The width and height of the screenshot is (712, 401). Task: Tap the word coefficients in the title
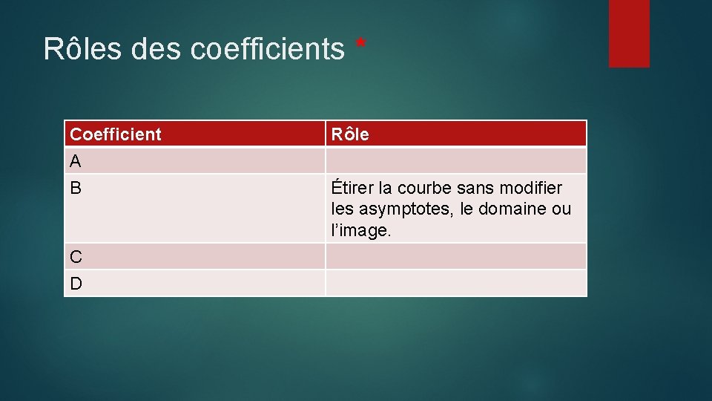(268, 49)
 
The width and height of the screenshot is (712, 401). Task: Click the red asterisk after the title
(361, 45)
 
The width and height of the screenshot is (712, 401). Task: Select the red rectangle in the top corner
(629, 33)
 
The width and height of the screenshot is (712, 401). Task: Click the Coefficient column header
(116, 134)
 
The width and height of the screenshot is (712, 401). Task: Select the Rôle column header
(350, 134)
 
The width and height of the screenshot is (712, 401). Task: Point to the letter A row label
(76, 160)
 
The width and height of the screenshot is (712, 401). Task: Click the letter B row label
(76, 188)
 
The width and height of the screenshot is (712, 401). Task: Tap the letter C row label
(76, 257)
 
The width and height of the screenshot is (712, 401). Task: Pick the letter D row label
(76, 283)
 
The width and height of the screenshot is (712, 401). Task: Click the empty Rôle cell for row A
(455, 160)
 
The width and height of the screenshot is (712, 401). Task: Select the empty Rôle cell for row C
(455, 256)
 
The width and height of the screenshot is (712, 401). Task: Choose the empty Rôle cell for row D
(455, 283)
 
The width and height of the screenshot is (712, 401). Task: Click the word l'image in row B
(360, 230)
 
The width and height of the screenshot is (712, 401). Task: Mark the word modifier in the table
(530, 188)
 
